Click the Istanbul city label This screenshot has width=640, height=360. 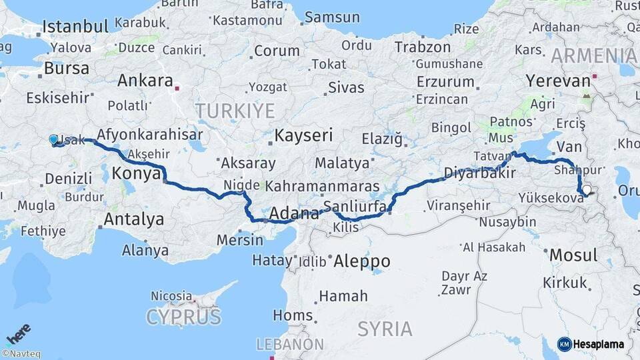coord(75,27)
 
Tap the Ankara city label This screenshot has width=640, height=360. coord(145,81)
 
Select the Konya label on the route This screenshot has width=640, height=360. coord(136,174)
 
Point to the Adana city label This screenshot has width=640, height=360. coord(294,214)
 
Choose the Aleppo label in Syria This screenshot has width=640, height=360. coord(362,260)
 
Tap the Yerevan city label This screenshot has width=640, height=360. coord(557,81)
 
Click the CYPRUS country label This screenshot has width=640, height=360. coord(183,317)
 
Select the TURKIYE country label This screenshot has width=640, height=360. coord(235,111)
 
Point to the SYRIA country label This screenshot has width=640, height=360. coord(385,329)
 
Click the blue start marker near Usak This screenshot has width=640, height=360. coord(53,139)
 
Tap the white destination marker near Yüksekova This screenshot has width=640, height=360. coord(586,190)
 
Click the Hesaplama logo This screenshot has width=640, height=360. coord(591,344)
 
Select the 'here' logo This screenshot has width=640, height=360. coord(18,334)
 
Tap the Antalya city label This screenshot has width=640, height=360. coord(133,219)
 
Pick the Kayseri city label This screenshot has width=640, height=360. coord(303,136)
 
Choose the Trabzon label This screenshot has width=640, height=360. coord(423,47)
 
